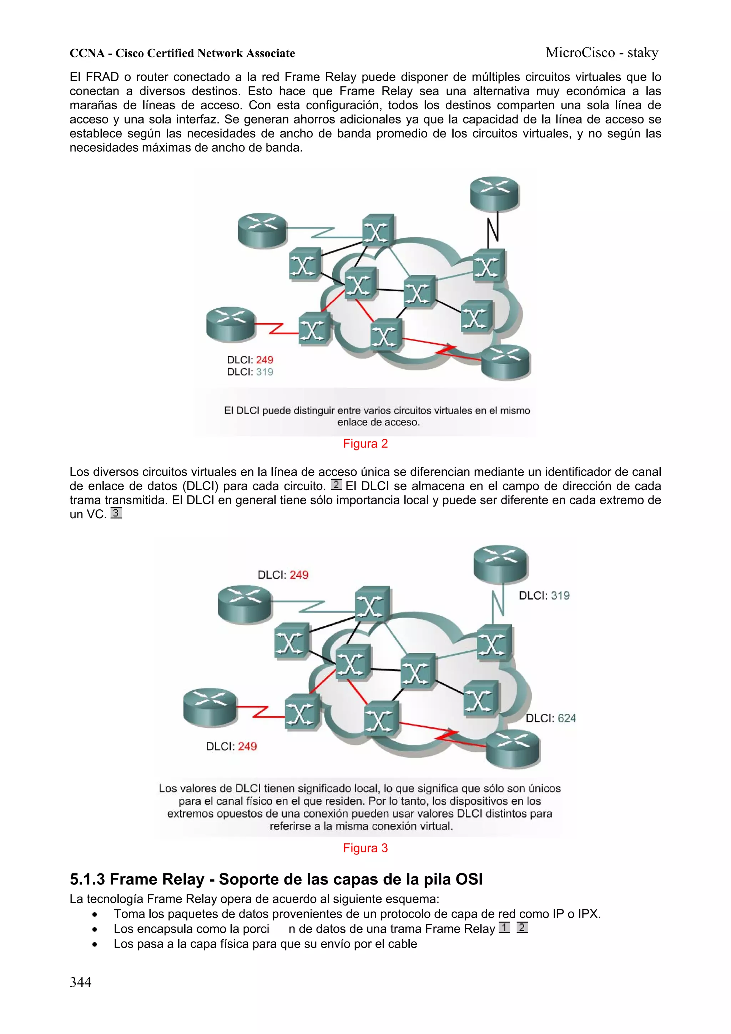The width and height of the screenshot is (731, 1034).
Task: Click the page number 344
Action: [x=81, y=982]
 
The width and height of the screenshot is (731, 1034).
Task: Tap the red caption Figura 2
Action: [x=365, y=444]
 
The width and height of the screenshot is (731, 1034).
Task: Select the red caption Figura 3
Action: [x=365, y=848]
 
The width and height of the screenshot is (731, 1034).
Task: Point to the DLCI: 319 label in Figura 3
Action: [x=544, y=595]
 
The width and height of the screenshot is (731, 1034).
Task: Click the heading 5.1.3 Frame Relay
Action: [x=276, y=879]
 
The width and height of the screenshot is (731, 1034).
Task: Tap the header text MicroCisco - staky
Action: [x=602, y=53]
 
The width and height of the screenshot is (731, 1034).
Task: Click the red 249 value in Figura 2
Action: [x=265, y=360]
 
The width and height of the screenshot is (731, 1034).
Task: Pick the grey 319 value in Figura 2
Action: [x=265, y=372]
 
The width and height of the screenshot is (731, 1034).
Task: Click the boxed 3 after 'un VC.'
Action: [x=116, y=513]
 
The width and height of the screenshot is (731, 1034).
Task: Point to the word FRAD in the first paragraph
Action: [x=103, y=77]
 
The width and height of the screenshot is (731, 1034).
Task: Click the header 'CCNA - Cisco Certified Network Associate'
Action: [x=182, y=54]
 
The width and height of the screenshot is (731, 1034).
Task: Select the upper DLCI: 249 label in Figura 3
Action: [x=283, y=575]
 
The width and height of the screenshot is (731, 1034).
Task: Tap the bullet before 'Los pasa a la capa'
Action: [x=94, y=944]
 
